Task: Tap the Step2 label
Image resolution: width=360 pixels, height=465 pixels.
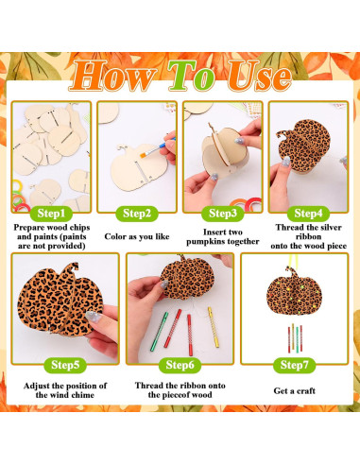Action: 138,214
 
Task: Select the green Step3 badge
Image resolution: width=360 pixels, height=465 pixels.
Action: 222,214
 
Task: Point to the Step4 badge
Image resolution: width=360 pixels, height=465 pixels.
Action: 307,214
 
